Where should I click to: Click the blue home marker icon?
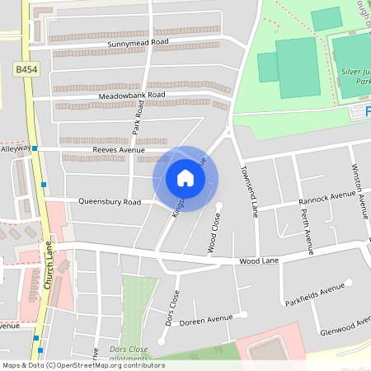click(185, 178)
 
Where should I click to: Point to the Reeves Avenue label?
click(119, 150)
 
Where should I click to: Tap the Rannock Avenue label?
click(327, 195)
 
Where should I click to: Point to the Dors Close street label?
click(172, 308)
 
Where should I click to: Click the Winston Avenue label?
click(358, 190)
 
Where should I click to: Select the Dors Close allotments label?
click(129, 354)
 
